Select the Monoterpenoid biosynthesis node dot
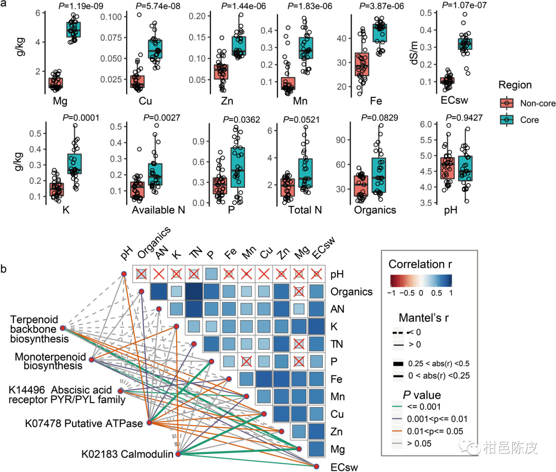coord(91,360)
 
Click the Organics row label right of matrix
coord(351,292)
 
